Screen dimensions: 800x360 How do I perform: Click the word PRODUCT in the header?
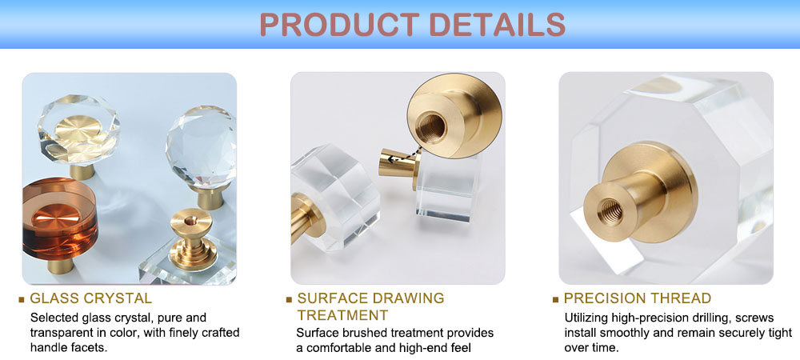pos(339,23)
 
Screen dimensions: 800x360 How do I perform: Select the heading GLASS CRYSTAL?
pos(91,298)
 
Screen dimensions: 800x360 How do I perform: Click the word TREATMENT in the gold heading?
pos(343,314)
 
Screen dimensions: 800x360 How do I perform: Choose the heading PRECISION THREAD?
pos(638,298)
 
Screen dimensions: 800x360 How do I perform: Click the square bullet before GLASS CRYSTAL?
pos(21,299)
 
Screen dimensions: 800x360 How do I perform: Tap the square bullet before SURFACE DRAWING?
pos(289,299)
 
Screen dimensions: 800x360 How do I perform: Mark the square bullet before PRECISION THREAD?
pos(556,299)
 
